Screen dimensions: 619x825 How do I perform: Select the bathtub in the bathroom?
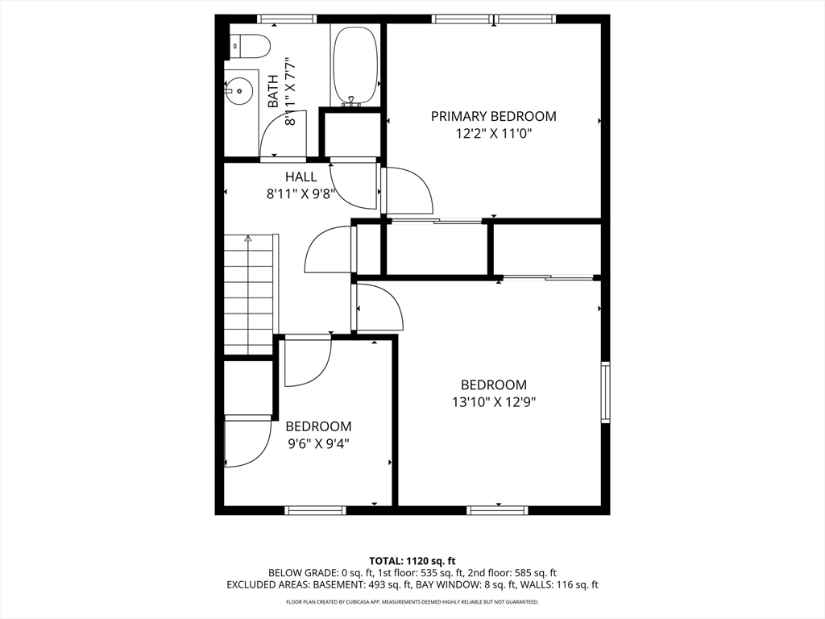point(354,66)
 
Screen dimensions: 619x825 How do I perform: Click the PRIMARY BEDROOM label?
point(493,116)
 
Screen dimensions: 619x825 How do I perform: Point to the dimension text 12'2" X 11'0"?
point(493,134)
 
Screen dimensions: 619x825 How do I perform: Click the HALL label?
point(301,177)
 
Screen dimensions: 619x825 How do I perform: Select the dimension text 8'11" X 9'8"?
point(301,193)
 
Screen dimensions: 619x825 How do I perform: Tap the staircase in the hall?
point(250,294)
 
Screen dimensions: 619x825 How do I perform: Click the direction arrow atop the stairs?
point(249,239)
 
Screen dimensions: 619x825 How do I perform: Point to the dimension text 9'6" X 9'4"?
point(318,443)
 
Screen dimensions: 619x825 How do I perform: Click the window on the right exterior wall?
point(605,393)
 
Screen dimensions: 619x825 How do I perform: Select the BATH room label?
point(273,91)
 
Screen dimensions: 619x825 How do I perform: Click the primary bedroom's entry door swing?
point(408,190)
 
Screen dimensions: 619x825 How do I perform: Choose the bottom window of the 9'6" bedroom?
point(315,510)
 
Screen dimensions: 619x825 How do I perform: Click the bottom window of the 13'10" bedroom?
point(498,510)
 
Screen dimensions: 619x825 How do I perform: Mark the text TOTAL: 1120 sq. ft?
point(412,560)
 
